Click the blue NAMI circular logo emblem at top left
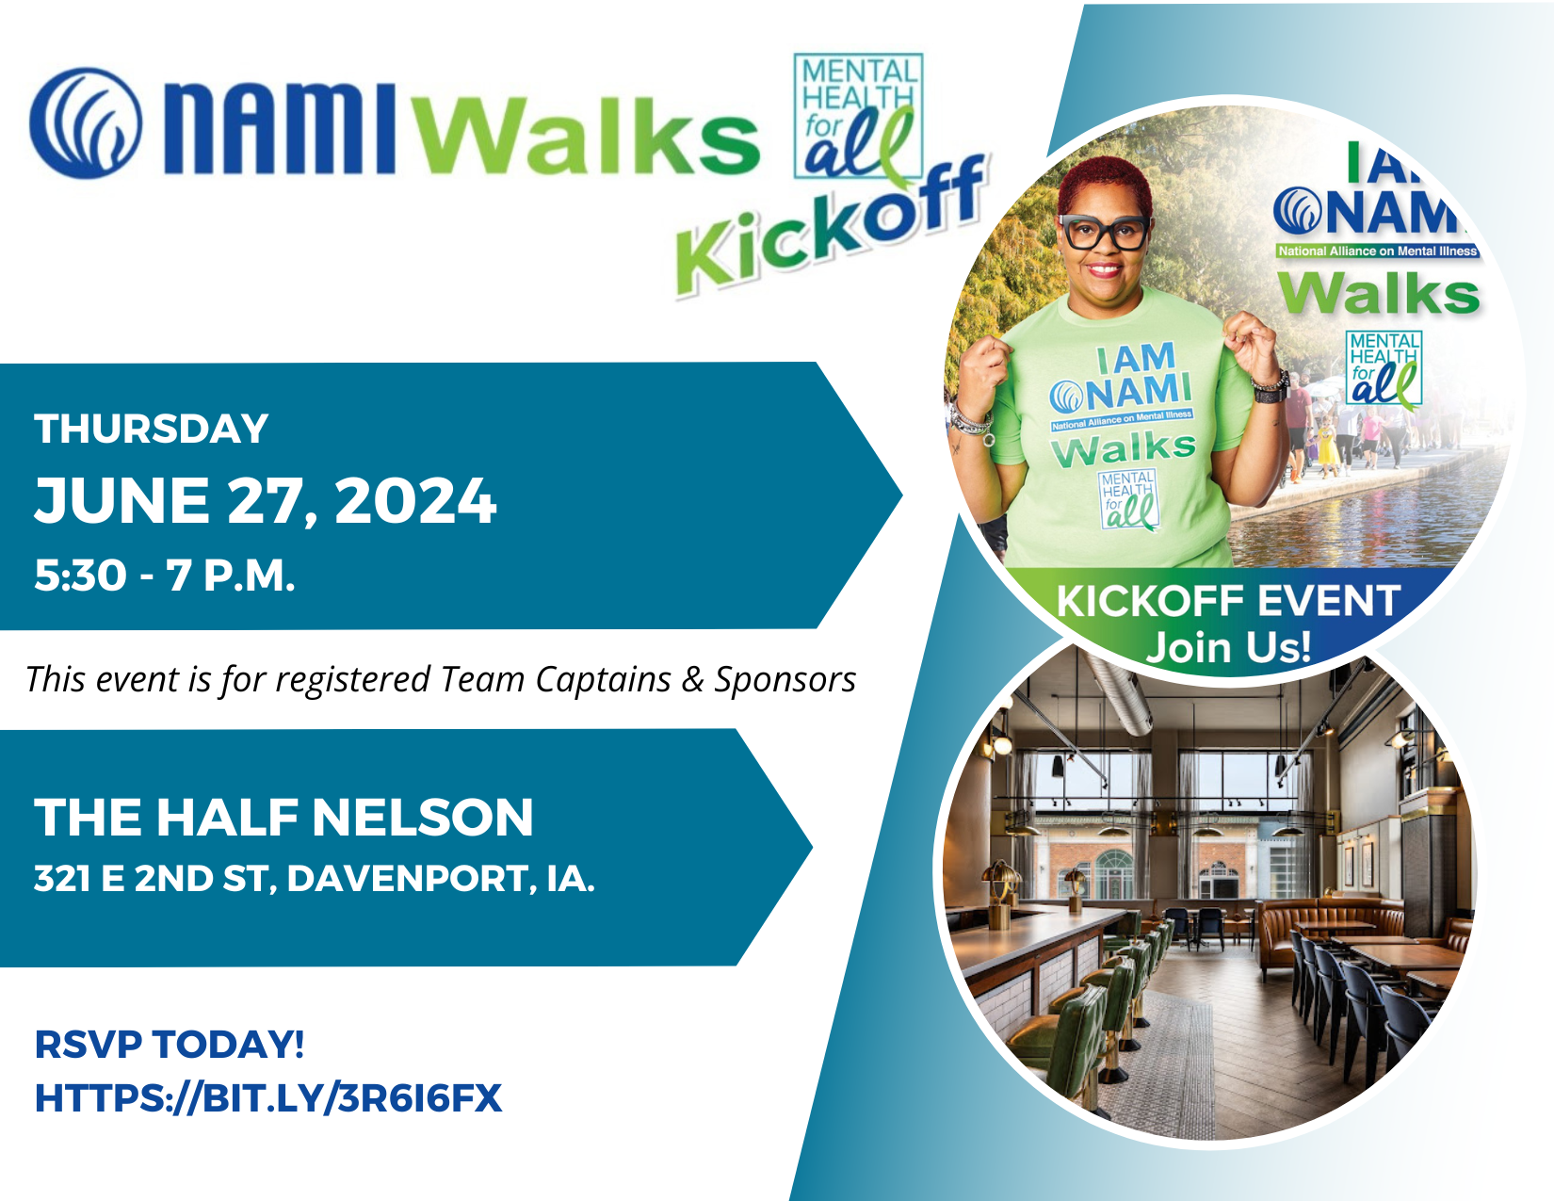[86, 122]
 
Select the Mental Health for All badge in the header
[858, 116]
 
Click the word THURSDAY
[152, 430]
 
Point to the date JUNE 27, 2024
[265, 500]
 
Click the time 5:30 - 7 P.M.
[165, 576]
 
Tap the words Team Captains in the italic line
[556, 679]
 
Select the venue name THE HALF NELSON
[283, 817]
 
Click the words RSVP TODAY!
[170, 1045]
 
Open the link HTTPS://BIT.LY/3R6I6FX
[268, 1098]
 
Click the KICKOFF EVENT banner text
[1228, 601]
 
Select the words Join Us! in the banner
[1228, 647]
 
